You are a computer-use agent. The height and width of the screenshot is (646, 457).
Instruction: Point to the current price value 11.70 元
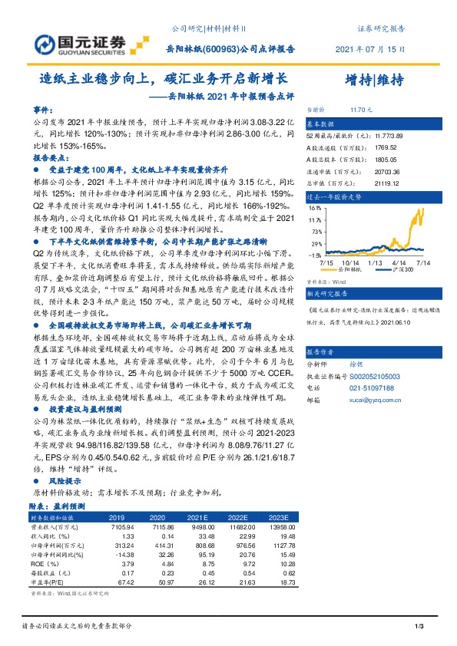click(x=359, y=110)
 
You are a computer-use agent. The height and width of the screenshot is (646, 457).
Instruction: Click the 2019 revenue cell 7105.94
click(x=123, y=526)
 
